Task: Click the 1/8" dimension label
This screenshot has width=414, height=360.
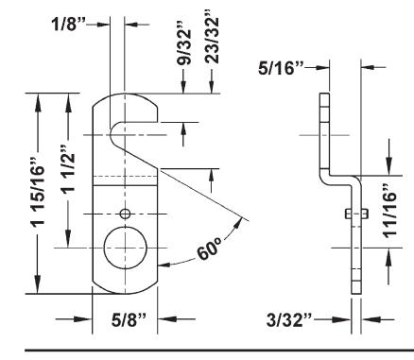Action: click(68, 24)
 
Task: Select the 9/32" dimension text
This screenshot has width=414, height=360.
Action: click(183, 46)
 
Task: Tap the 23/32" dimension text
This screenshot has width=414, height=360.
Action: click(211, 37)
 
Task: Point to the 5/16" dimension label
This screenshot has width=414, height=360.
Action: click(281, 68)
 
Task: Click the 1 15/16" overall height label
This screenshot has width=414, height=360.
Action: click(38, 191)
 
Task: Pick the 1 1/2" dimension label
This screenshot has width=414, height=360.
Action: click(68, 168)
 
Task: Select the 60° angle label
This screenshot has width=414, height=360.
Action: click(209, 249)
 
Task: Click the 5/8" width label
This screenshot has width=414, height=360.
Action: click(129, 319)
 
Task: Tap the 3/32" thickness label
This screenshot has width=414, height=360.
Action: click(289, 320)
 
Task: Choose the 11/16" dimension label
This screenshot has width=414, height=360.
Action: click(389, 211)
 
